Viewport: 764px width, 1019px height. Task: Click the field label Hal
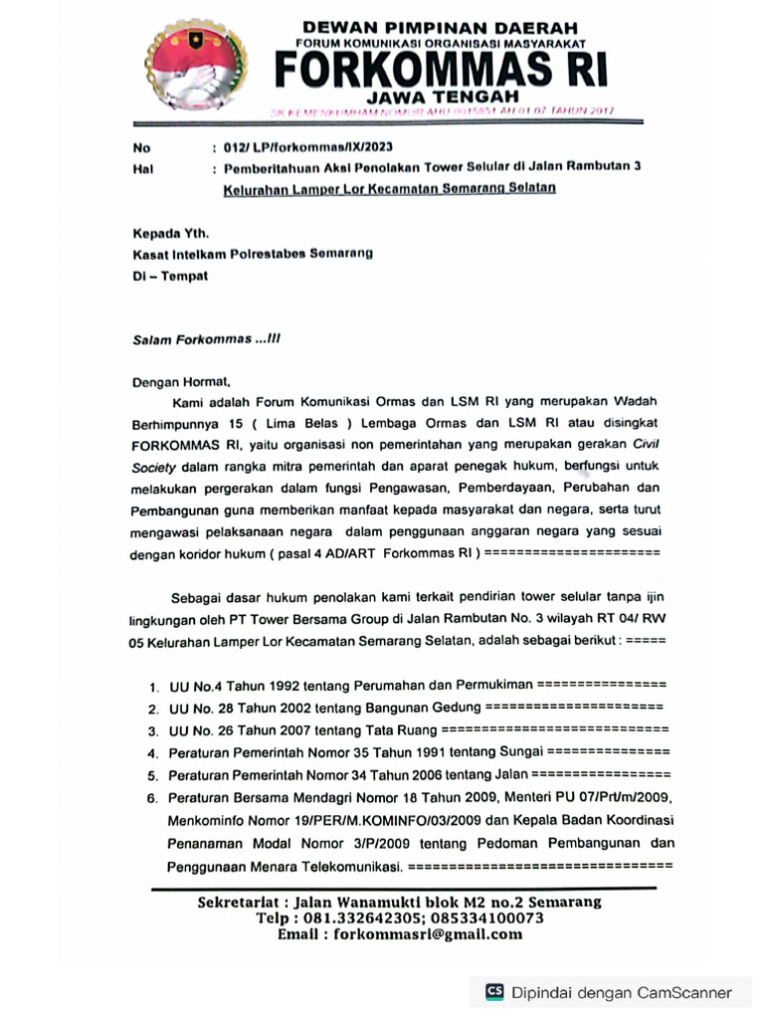click(142, 169)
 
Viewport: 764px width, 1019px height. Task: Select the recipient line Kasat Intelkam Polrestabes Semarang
click(253, 255)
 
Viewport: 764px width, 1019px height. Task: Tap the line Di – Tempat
click(170, 276)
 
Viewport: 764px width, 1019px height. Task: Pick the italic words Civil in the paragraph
click(645, 445)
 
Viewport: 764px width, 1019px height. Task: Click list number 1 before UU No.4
click(153, 688)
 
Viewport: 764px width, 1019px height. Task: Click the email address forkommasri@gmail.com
click(428, 934)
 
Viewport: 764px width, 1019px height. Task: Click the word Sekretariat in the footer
click(240, 902)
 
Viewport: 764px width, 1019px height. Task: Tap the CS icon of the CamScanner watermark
click(494, 991)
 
